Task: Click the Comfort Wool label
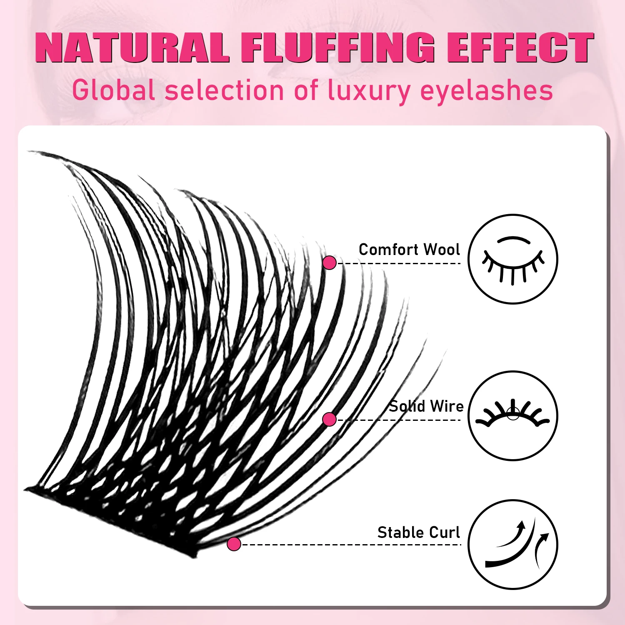pos(409,250)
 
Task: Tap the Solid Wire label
pos(426,406)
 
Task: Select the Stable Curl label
pos(418,532)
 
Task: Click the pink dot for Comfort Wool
pos(329,262)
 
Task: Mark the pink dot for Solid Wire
pos(329,419)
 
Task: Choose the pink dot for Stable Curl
pos(234,544)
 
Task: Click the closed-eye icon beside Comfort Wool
pos(513,259)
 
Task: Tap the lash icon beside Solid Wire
pos(513,415)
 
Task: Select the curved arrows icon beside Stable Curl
pos(513,544)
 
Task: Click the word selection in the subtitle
pos(224,90)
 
